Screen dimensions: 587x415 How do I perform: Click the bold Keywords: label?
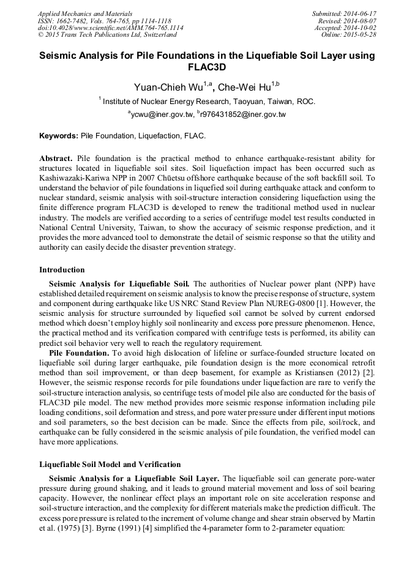(59, 135)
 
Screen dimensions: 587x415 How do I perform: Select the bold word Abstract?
(56, 158)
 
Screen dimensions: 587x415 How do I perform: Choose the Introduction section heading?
(62, 269)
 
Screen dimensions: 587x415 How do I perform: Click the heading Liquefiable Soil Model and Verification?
(110, 465)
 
